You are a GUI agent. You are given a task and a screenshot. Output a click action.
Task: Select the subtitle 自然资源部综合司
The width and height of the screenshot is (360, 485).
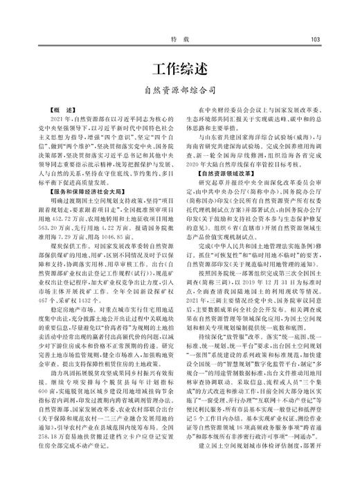179,90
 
